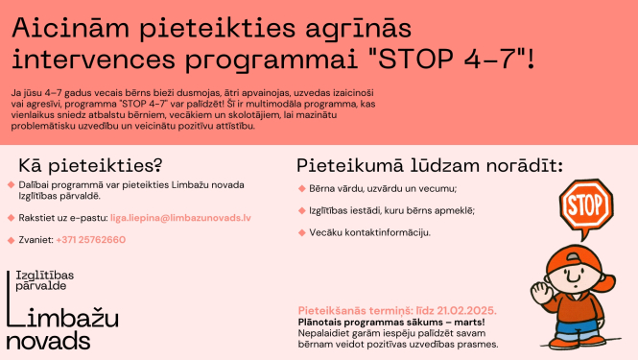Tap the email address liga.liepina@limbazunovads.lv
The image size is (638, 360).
coord(180,218)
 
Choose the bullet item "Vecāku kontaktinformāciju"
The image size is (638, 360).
coord(369,232)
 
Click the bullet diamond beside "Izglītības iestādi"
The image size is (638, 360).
coord(301,210)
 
